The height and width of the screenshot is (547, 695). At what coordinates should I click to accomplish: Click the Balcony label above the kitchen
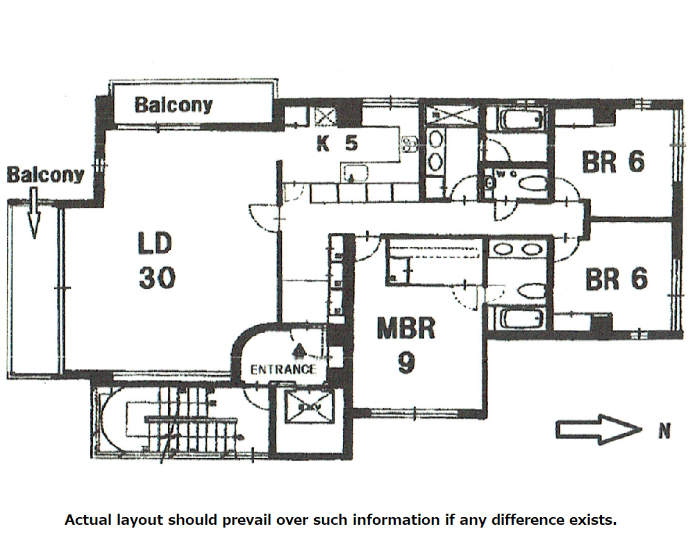coord(174,105)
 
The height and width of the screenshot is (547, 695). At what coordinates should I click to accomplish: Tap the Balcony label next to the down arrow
coord(45,175)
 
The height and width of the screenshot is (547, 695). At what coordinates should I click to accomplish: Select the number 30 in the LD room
coord(156,278)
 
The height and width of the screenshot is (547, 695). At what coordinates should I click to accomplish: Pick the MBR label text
coord(405,328)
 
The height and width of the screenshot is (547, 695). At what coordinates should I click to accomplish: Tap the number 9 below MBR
coord(406,363)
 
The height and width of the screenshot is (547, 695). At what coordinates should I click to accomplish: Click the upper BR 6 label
coord(614,162)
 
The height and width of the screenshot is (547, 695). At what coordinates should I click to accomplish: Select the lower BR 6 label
coord(617,279)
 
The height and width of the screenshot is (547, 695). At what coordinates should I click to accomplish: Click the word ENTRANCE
coord(283,369)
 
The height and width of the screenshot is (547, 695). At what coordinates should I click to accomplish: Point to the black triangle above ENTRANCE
coord(299,349)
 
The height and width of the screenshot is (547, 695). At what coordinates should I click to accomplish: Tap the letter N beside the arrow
coord(664,432)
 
